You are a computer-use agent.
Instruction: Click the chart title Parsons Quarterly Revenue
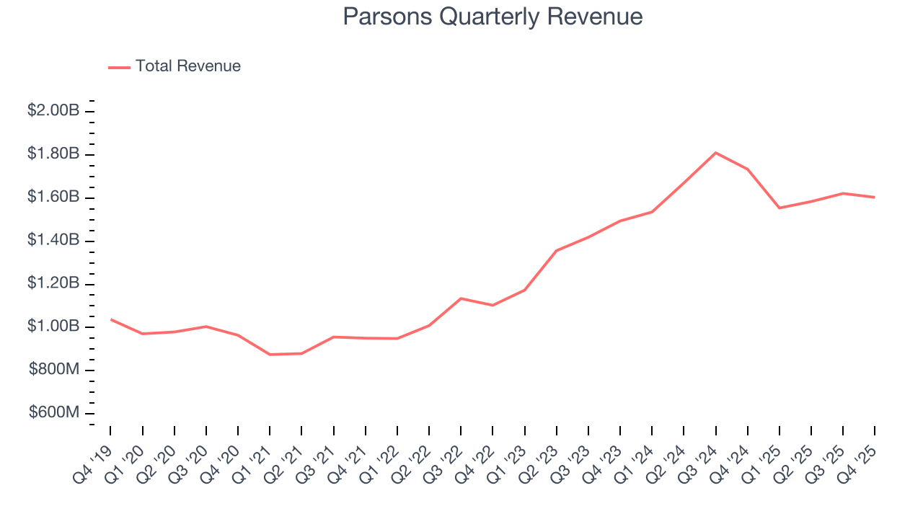493,17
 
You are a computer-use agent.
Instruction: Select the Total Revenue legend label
187,66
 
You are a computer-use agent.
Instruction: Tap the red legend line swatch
119,67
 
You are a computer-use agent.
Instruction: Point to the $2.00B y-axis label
53,111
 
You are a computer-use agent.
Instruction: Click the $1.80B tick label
53,154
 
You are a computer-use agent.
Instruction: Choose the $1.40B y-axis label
53,240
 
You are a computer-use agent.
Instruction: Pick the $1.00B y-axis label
53,327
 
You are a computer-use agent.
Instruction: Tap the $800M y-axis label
55,370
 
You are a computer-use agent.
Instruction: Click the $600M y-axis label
55,413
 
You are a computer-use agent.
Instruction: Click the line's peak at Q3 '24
715,153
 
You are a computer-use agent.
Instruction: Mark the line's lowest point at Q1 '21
270,355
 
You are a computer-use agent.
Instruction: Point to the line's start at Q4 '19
110,319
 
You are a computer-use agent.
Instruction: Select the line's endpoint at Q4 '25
874,198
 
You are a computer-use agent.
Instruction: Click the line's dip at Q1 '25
779,208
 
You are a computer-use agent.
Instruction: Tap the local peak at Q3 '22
461,298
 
